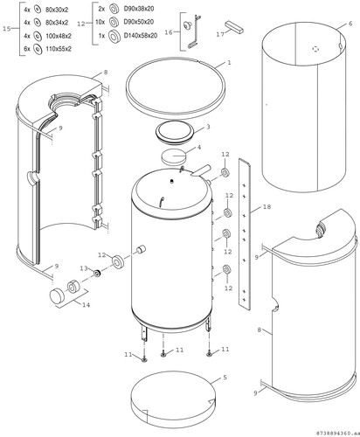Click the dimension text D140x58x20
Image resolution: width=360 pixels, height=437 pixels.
(x=141, y=36)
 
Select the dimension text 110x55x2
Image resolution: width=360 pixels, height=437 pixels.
(x=59, y=49)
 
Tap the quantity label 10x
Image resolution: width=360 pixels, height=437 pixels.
(x=100, y=22)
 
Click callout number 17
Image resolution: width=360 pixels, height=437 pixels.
(x=220, y=34)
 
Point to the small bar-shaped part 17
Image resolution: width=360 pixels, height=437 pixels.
(x=234, y=27)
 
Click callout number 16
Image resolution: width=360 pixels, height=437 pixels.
(x=169, y=32)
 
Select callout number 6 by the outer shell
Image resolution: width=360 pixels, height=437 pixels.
(x=350, y=24)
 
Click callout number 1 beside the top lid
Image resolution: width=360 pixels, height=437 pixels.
(x=229, y=62)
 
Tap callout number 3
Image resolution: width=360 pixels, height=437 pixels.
(x=208, y=128)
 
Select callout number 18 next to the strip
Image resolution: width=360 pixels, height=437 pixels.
(x=267, y=206)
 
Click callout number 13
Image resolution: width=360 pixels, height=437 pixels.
(x=84, y=268)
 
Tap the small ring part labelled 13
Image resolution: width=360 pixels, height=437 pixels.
(x=97, y=274)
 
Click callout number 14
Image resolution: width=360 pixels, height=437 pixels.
(x=86, y=305)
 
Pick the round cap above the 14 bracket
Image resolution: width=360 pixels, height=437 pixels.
(x=57, y=295)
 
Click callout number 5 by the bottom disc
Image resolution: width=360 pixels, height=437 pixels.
(x=225, y=378)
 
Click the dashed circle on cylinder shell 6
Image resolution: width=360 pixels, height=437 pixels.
(x=315, y=49)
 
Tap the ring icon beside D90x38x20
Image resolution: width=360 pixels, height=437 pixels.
(x=114, y=9)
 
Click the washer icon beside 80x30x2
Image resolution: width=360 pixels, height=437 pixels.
(x=38, y=10)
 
